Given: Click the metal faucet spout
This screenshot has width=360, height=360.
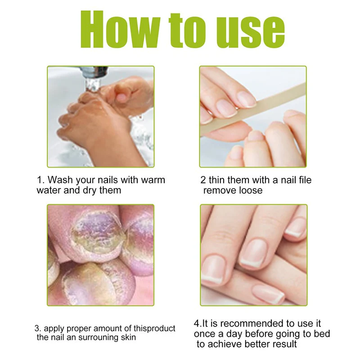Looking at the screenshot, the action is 93,78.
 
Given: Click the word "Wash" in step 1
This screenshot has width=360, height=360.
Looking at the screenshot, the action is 60,180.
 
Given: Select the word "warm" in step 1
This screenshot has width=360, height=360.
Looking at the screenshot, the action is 153,180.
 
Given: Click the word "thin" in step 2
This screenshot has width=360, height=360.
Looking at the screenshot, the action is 217,180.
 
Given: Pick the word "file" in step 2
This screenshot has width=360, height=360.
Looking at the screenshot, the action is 304,180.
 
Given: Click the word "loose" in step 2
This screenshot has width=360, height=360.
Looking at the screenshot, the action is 251,190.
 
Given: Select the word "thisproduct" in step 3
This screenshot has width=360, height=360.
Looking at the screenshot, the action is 154,328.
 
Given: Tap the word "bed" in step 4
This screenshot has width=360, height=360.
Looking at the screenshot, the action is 322,334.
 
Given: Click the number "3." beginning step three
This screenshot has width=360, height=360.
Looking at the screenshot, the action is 38,328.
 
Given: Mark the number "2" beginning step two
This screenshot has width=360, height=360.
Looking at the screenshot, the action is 203,180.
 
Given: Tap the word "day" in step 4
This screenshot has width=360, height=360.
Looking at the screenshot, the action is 234,334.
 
